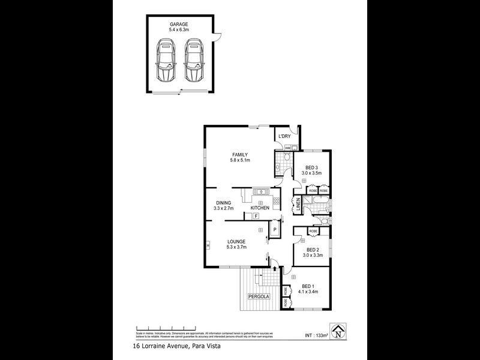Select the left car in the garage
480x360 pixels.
click(x=165, y=61)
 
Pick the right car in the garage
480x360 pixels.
click(x=193, y=61)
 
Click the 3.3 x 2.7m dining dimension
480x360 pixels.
click(x=224, y=209)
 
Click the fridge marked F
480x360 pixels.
click(x=256, y=216)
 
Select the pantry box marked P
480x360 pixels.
click(x=274, y=229)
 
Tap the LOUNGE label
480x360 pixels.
click(x=236, y=241)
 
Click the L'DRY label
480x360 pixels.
click(x=284, y=137)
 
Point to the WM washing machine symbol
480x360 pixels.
click(x=287, y=147)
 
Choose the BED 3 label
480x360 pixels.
click(x=311, y=167)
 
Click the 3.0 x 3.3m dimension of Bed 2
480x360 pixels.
click(x=312, y=256)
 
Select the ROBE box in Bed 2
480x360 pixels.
click(x=313, y=231)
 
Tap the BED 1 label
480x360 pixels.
click(x=308, y=286)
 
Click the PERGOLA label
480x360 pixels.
click(x=260, y=296)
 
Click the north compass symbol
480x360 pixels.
click(x=340, y=330)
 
